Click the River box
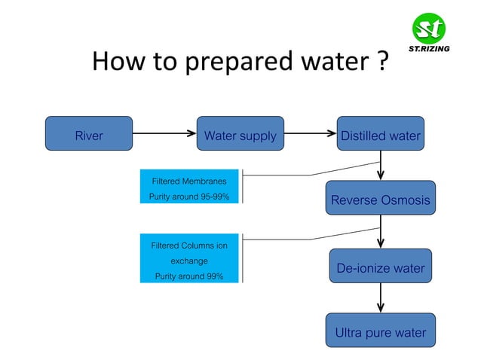89,136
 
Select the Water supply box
240,136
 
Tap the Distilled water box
380,136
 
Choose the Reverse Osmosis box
380,200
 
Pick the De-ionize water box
380,268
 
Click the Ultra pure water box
380,332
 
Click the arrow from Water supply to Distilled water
310,136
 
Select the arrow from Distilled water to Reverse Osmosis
381,166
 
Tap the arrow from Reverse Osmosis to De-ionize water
381,232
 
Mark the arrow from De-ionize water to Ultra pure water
381,298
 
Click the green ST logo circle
429,29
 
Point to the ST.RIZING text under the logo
429,50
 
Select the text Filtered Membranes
188,182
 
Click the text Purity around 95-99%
188,197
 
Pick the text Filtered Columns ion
188,246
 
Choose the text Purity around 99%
188,276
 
